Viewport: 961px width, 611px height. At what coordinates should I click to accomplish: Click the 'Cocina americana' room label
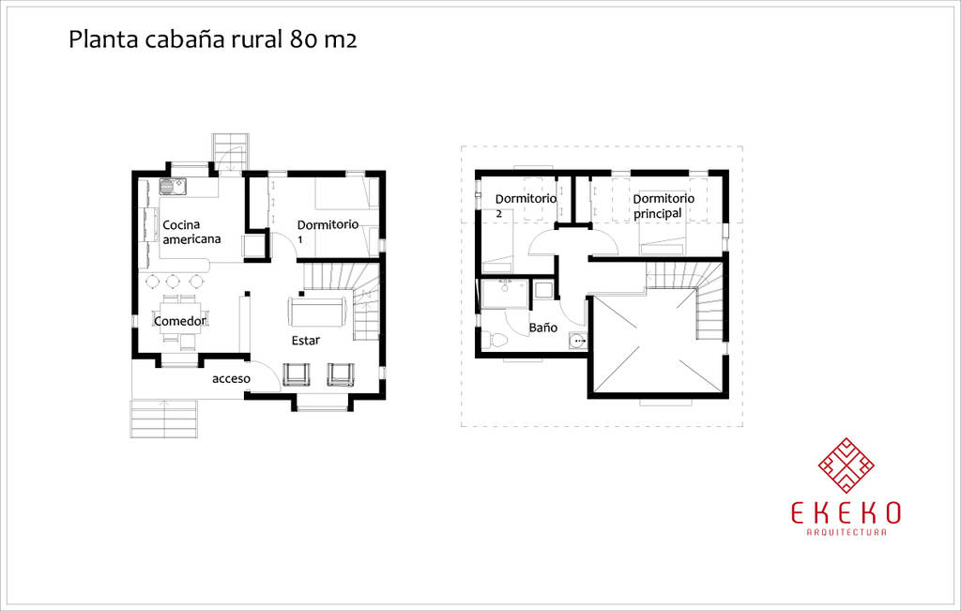tap(191, 232)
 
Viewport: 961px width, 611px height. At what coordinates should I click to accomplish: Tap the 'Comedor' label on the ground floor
tap(179, 321)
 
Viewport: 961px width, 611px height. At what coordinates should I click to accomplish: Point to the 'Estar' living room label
tap(305, 341)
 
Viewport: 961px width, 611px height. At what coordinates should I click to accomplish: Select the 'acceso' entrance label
tap(231, 379)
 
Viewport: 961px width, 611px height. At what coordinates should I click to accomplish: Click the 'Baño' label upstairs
tap(542, 328)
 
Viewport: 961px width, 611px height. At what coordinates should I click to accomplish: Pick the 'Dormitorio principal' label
tap(663, 206)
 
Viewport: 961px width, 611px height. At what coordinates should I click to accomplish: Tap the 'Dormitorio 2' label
tap(526, 206)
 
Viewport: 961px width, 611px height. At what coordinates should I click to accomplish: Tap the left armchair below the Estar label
tap(296, 374)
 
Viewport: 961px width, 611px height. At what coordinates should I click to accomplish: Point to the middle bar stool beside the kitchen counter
tap(174, 281)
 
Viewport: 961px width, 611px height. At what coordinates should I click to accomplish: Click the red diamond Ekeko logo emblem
tap(847, 465)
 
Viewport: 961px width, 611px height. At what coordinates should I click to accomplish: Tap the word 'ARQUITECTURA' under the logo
tap(847, 533)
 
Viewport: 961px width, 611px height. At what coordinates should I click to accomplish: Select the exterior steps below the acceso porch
tap(164, 418)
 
